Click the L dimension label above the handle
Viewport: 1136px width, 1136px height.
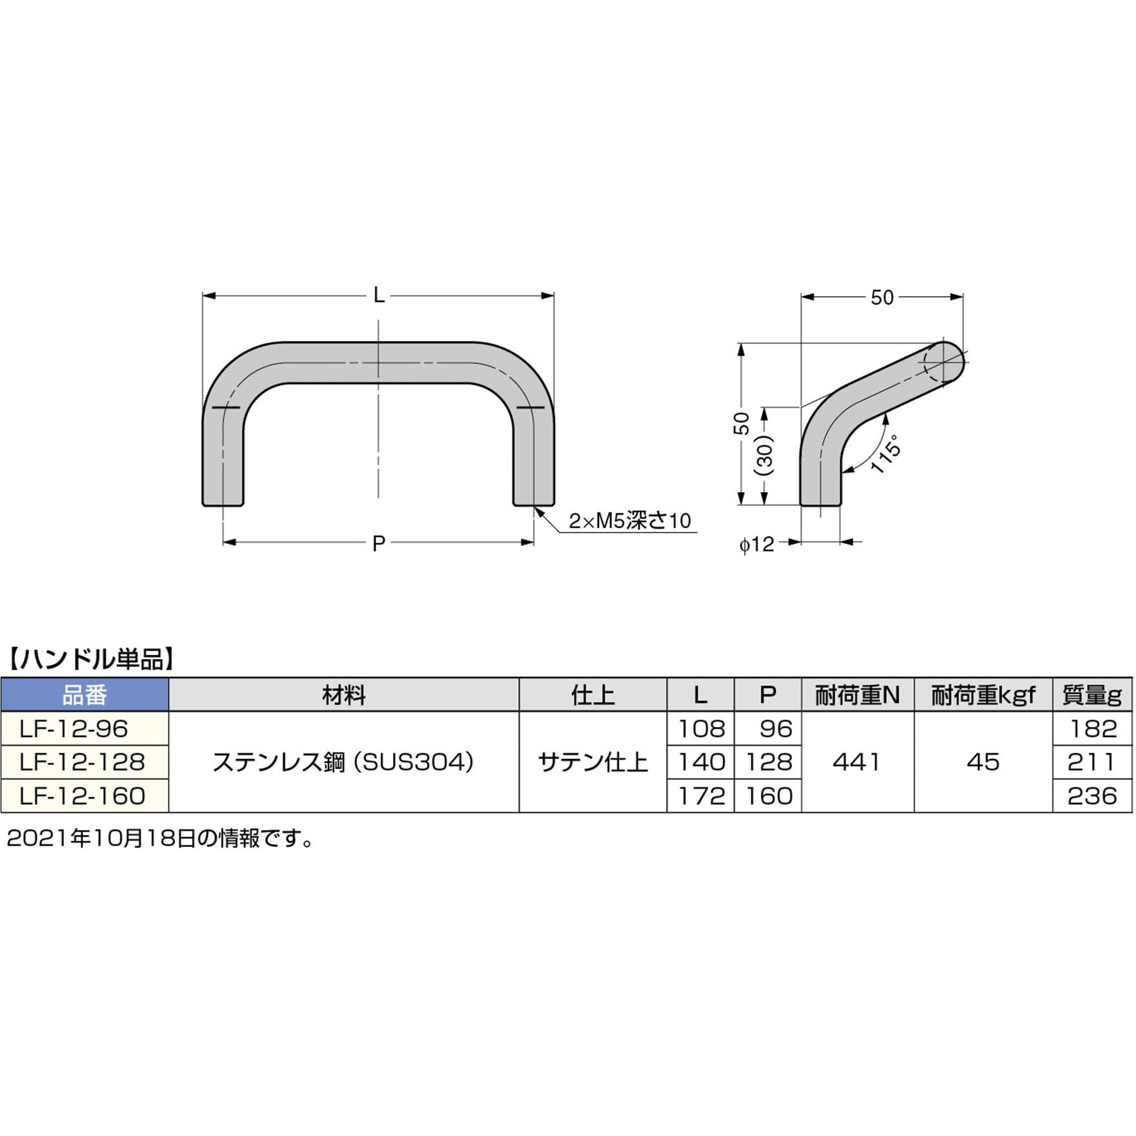tap(379, 296)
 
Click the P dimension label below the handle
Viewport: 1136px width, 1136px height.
tap(379, 543)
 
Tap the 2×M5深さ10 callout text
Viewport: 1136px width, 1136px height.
tap(629, 521)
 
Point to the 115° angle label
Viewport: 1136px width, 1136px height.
tap(886, 454)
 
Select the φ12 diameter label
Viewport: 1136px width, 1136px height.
tap(756, 544)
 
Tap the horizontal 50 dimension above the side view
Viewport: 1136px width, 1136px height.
tap(882, 298)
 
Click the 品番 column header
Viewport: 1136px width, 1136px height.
tap(85, 695)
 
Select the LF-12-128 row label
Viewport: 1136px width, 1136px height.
tap(83, 762)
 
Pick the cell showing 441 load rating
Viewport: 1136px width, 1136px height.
tap(857, 762)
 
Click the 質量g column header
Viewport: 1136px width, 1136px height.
tap(1092, 695)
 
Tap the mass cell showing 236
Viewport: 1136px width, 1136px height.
tap(1092, 796)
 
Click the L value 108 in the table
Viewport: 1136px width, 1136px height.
tap(701, 729)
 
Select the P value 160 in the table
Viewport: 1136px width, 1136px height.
tap(768, 796)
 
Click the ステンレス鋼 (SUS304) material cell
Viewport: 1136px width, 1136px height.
tap(343, 762)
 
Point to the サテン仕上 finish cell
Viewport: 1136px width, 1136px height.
tap(593, 762)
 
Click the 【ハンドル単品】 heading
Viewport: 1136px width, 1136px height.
tap(90, 659)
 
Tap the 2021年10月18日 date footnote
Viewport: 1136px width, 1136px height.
tap(159, 838)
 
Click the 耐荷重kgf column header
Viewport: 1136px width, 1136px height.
tap(982, 695)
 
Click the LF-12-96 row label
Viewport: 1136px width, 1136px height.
tap(74, 729)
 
